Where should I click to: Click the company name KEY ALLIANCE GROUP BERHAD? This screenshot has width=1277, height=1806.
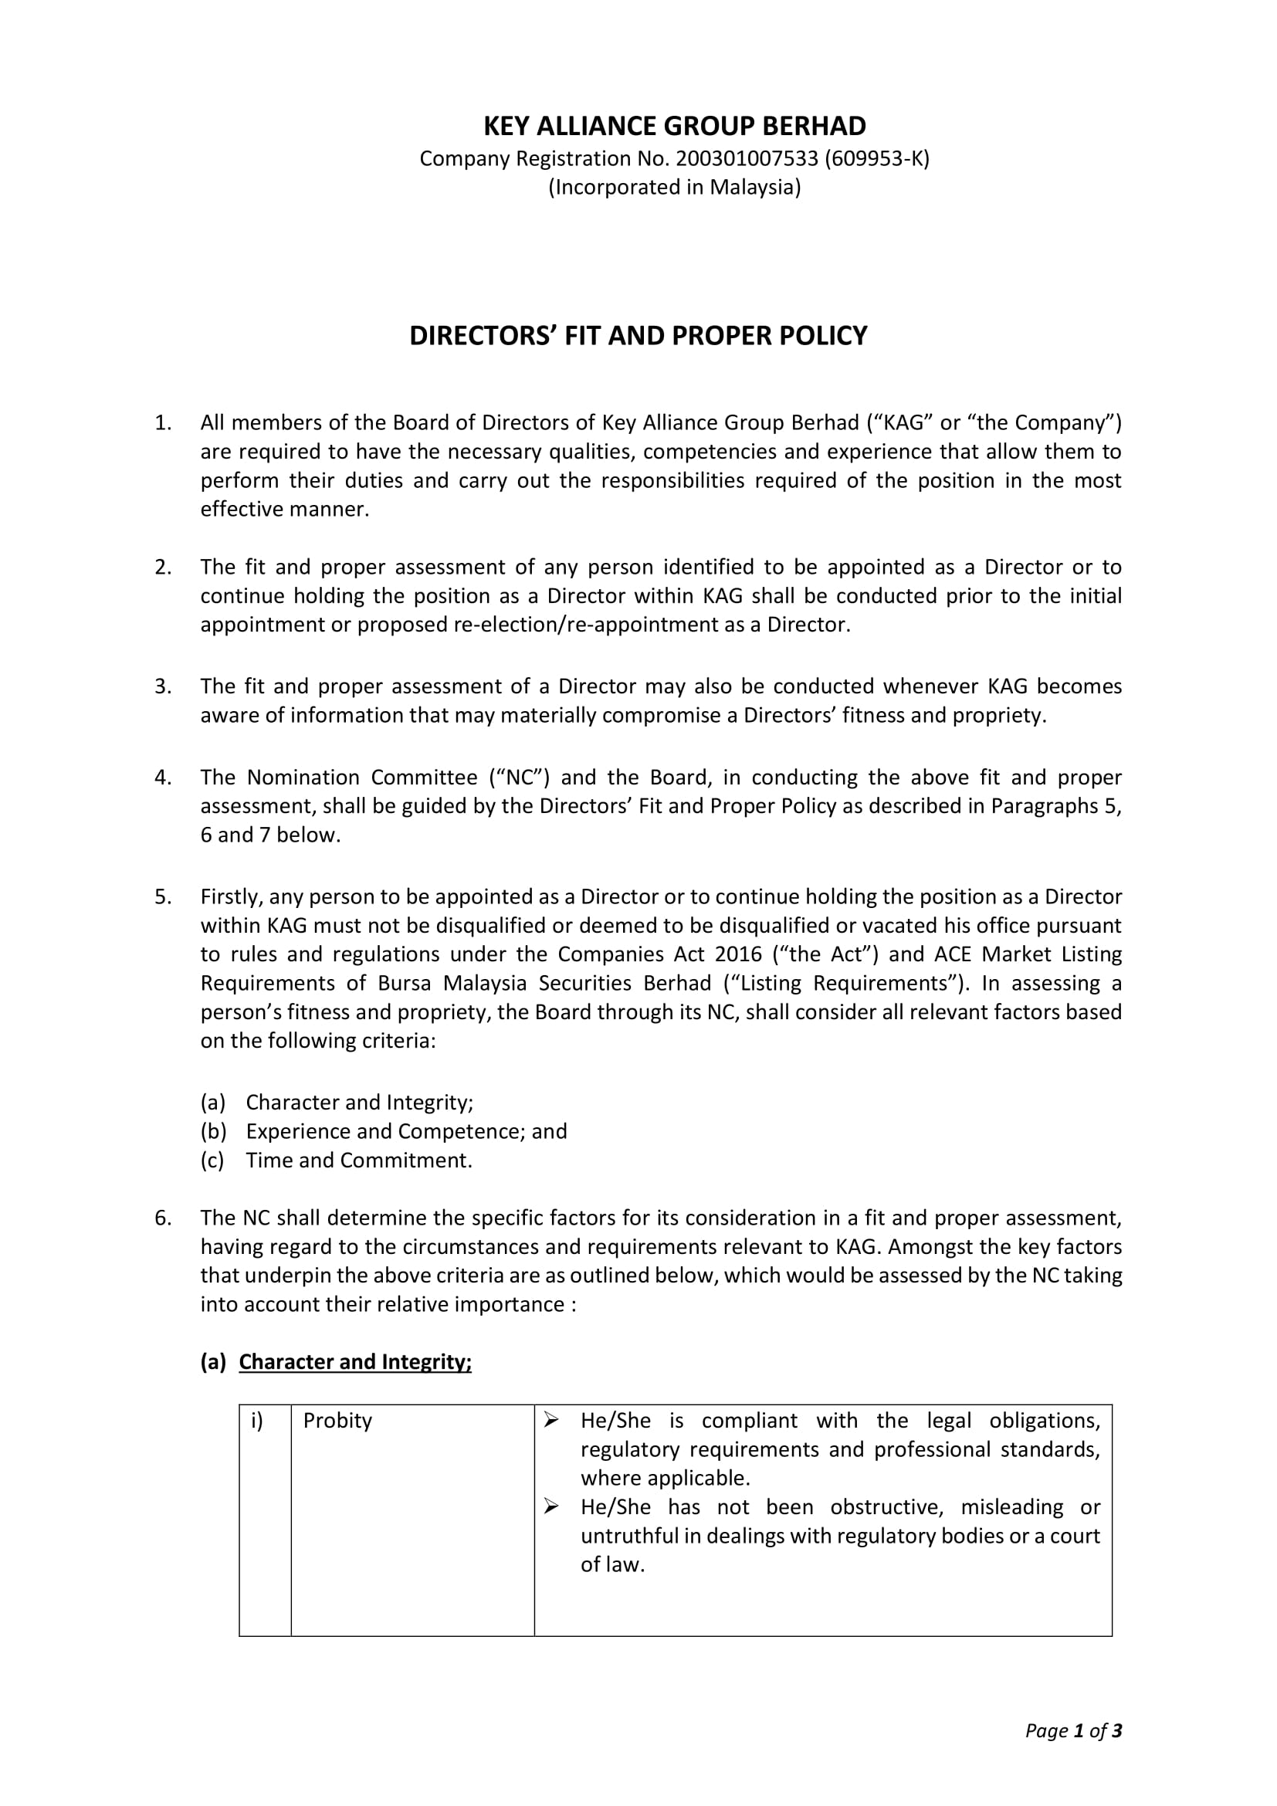[674, 127]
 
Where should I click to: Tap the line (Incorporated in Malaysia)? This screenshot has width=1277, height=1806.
[674, 187]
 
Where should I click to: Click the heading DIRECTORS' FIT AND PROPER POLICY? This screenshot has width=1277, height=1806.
[638, 336]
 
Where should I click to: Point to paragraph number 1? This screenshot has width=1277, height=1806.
[162, 423]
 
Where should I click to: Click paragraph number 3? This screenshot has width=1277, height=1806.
[162, 686]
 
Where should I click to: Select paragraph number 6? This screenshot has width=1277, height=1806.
[162, 1218]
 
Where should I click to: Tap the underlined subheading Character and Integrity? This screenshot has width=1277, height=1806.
[354, 1362]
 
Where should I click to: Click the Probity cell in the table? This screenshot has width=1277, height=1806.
[337, 1421]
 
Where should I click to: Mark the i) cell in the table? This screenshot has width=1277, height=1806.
[257, 1421]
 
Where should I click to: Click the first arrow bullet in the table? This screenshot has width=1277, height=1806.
[551, 1421]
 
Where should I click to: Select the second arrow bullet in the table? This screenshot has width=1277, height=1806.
[551, 1507]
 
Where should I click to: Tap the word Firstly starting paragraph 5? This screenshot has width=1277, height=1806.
[233, 897]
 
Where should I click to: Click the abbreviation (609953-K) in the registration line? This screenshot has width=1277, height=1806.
[877, 159]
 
